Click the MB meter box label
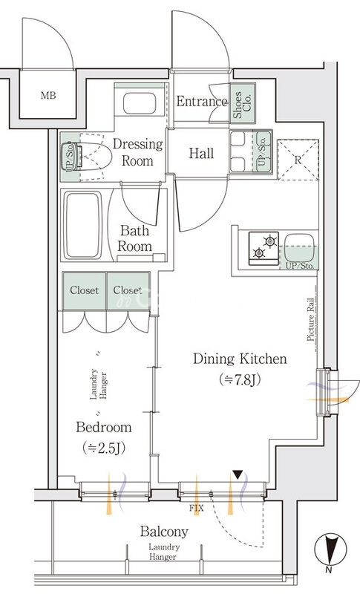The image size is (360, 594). pos(48,96)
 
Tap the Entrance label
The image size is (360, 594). pos(202,101)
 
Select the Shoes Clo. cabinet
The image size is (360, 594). pos(243,103)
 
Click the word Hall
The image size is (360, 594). pos(201,154)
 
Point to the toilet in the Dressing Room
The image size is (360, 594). pos(90,157)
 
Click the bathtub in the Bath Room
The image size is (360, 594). pos(83,225)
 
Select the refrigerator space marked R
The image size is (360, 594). pos(298,160)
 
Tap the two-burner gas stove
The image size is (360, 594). pos(264,248)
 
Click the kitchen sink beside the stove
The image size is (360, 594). pos(299,247)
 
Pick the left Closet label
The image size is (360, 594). pos(84,290)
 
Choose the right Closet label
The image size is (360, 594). pos(128,290)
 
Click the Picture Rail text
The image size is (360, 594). pos(311,320)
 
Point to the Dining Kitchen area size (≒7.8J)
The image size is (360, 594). pos(240,380)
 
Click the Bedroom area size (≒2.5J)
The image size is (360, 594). pos(104,448)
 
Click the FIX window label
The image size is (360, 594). pos(197,509)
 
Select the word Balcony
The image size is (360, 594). pos(164,532)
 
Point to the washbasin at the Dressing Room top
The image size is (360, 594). pos(140,103)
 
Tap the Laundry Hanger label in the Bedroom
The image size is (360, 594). pos(98,384)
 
